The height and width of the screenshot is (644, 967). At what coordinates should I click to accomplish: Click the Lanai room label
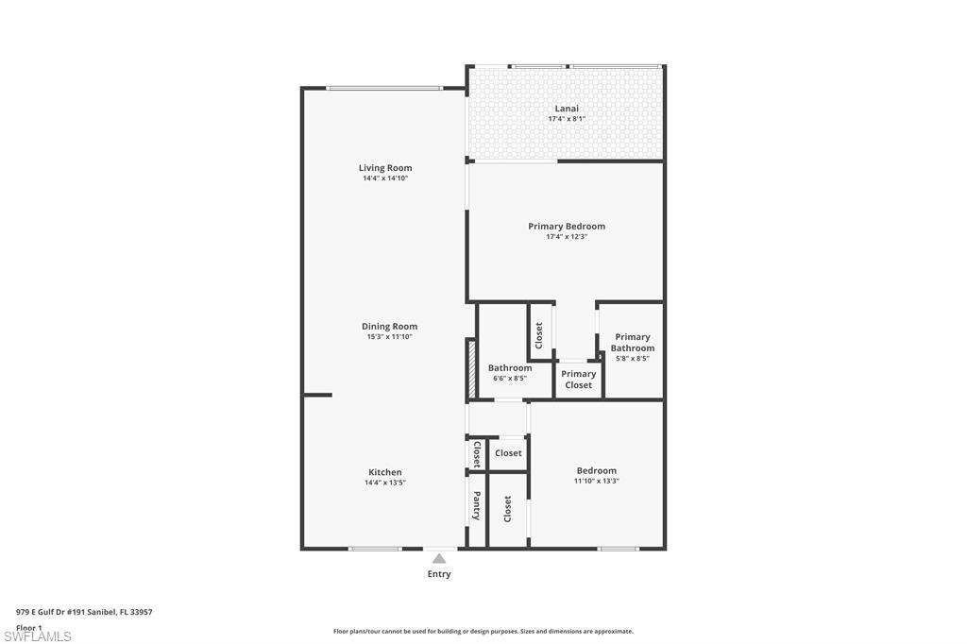pos(567,109)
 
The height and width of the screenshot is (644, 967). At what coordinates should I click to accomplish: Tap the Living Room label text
pos(385,168)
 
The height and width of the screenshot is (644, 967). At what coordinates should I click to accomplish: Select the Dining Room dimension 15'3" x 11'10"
pos(389,337)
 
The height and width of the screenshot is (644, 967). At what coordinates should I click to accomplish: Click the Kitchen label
pos(385,472)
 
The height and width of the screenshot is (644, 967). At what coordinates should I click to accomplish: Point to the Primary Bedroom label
pos(567,227)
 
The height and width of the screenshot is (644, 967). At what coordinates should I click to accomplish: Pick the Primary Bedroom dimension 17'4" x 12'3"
pos(567,237)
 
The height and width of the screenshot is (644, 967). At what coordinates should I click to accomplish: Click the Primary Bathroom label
pos(633,343)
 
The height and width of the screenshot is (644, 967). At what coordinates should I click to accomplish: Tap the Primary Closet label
pos(579,380)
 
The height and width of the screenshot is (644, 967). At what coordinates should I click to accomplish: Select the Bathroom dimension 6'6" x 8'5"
pos(510,379)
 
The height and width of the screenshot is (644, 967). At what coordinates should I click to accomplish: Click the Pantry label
pos(477,506)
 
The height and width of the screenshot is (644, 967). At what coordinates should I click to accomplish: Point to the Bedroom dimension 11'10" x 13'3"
pos(597,482)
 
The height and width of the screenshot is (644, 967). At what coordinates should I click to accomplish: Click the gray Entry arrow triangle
pos(439,559)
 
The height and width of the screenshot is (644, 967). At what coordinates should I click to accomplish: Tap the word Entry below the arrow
pos(439,574)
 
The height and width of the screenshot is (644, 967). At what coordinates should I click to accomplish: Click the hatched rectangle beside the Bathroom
pos(470,369)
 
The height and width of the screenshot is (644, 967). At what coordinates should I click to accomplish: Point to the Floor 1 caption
pos(29,627)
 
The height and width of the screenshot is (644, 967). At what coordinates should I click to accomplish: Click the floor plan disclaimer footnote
pos(483,632)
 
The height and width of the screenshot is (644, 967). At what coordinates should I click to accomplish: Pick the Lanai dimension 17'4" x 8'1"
pos(567,119)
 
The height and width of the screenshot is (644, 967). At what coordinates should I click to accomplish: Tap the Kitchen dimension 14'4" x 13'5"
pos(385,483)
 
